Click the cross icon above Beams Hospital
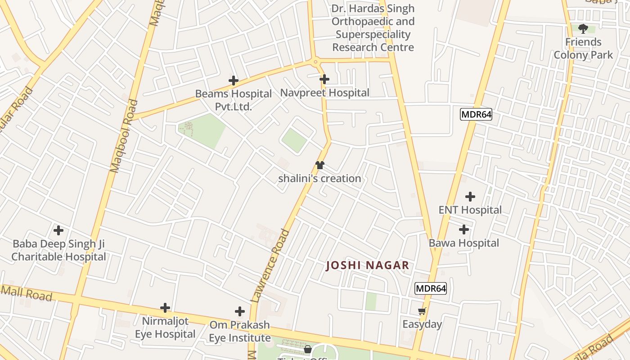pos(233,81)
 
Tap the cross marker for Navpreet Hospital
pos(324,79)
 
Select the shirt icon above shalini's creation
pos(319,165)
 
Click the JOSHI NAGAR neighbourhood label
pos(368,265)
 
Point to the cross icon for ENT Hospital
pos(470,197)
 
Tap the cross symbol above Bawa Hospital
pos(464,229)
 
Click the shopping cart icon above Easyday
pos(422,311)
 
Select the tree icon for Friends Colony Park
pos(583,29)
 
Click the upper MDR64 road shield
pos(476,114)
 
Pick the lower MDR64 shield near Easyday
pos(431,288)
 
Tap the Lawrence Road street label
pos(270,265)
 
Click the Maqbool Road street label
pos(124,136)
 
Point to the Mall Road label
pos(27,293)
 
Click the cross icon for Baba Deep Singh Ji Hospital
pos(58,230)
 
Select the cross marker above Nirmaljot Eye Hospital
pos(165,308)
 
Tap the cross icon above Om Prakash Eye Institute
pos(240,311)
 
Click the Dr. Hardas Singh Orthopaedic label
pos(373,28)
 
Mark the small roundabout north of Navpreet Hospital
pos(315,62)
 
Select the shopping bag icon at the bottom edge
pos(308,349)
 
